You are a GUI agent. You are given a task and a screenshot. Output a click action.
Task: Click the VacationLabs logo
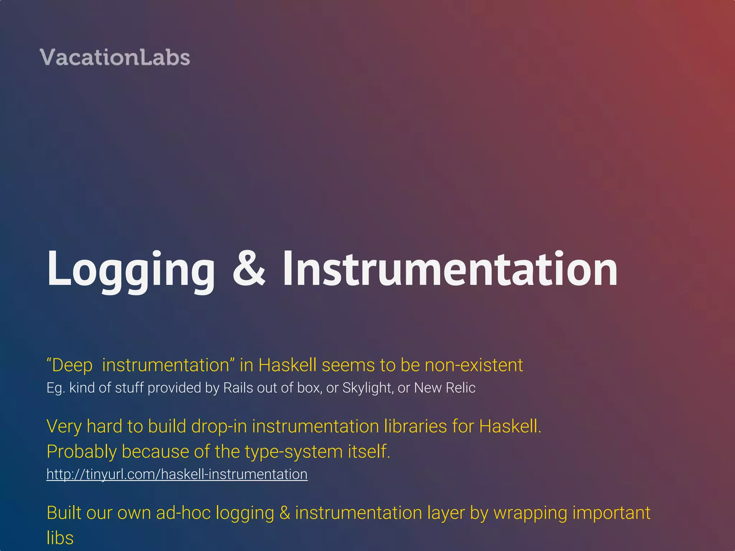(115, 57)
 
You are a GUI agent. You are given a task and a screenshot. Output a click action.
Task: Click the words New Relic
(445, 388)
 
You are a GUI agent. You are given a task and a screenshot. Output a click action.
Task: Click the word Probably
(81, 452)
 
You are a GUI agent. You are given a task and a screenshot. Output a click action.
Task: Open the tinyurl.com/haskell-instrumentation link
(177, 474)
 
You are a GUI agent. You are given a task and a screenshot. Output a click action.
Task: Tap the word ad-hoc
(183, 513)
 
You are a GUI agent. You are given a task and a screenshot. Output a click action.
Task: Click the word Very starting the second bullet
(64, 427)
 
